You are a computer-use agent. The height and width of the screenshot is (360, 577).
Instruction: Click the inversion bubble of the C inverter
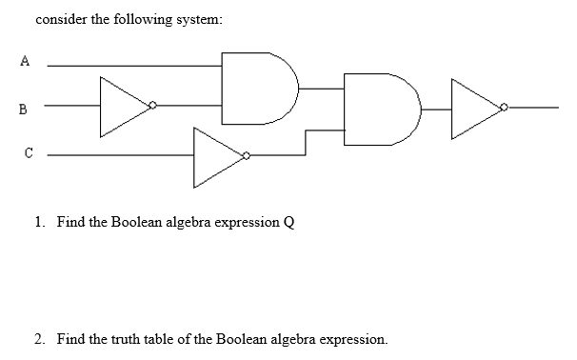coord(246,154)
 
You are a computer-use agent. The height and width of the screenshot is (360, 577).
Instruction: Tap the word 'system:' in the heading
coord(197,19)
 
